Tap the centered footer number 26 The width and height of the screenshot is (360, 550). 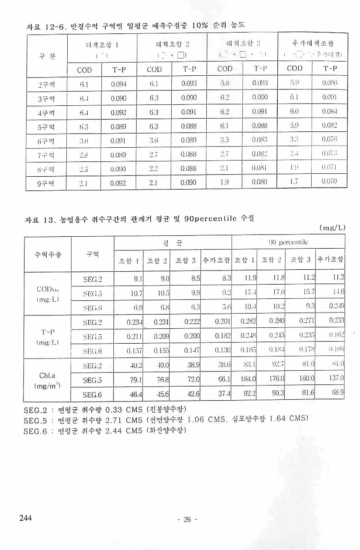coord(187,520)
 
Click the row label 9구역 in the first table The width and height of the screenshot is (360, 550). coord(46,184)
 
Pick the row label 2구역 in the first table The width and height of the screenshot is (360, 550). coord(46,84)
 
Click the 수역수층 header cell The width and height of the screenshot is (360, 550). coord(47,254)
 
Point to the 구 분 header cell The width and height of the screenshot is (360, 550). coord(46,56)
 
